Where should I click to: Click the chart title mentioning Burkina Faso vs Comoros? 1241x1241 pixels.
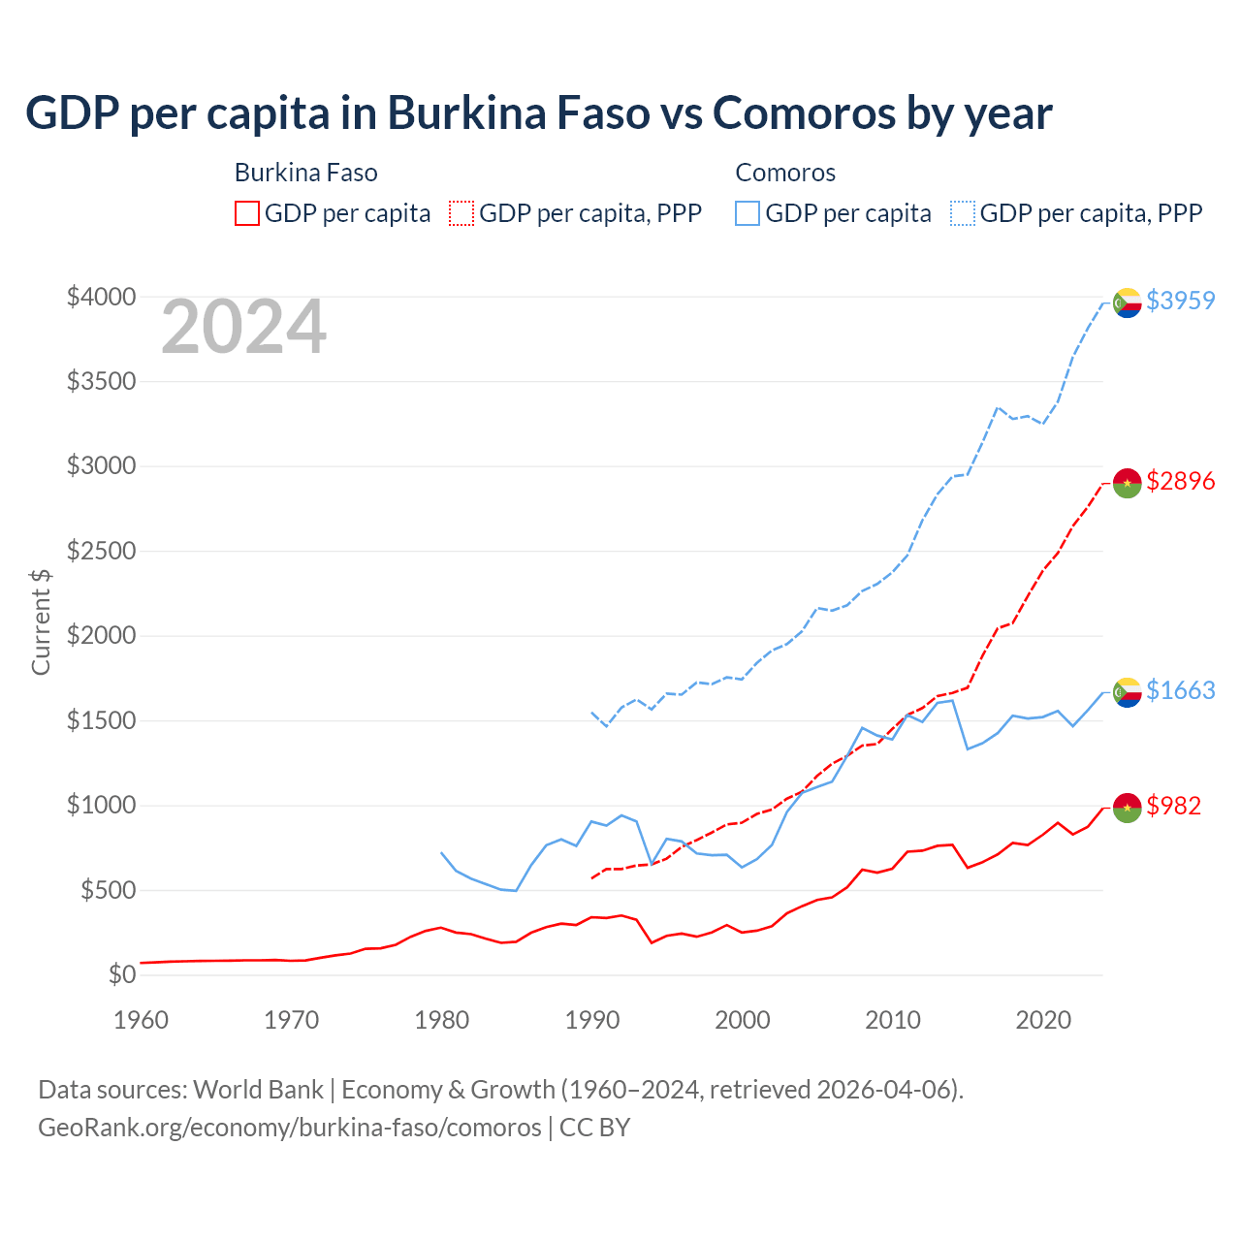coord(538,113)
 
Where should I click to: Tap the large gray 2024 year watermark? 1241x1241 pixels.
coord(243,328)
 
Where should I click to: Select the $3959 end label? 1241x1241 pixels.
coord(1180,301)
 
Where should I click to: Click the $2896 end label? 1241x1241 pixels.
coord(1180,481)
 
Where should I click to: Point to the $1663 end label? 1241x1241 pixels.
coord(1180,690)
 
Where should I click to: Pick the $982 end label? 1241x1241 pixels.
coord(1173,806)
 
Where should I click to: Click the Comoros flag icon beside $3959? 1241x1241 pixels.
coord(1127,302)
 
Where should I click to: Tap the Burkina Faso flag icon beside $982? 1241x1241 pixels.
coord(1127,808)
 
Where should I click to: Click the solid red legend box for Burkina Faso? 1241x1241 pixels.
coord(247,213)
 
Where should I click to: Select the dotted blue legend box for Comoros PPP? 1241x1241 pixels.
coord(963,213)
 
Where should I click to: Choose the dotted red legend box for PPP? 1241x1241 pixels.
coord(462,213)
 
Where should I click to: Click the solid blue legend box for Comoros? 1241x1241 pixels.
coord(748,213)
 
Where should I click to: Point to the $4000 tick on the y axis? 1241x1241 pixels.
coord(101,297)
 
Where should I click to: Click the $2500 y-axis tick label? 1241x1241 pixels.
coord(101,552)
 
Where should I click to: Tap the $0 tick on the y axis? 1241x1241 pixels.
coord(121,974)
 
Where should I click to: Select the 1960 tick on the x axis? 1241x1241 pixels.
coord(142,1020)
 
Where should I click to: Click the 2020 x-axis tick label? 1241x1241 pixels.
coord(1043,1020)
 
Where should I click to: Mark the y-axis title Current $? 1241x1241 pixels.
coord(41,622)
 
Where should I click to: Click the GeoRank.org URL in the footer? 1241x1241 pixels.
coord(289,1128)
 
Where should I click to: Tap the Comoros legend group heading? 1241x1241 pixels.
coord(785,173)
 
